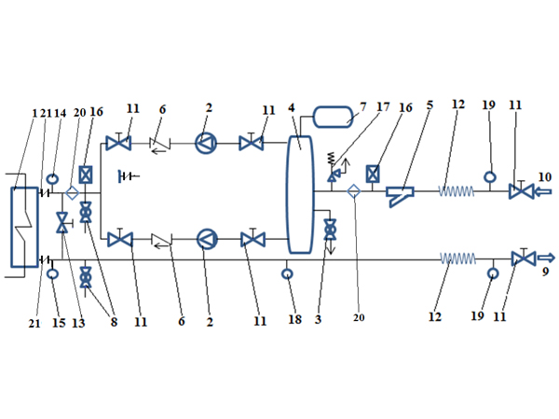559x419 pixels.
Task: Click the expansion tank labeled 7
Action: pyautogui.click(x=333, y=117)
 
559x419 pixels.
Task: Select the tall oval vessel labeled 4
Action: pyautogui.click(x=300, y=193)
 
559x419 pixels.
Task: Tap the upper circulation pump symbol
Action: pyautogui.click(x=206, y=143)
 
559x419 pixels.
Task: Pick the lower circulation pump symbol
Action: pyautogui.click(x=206, y=240)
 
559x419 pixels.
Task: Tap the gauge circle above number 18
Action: pyautogui.click(x=288, y=273)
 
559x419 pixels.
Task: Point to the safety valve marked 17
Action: pyautogui.click(x=333, y=175)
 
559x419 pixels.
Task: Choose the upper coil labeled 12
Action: pyautogui.click(x=457, y=191)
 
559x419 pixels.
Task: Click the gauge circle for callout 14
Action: pyautogui.click(x=53, y=178)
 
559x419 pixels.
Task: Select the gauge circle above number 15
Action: pyautogui.click(x=53, y=273)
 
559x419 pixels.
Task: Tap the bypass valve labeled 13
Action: pyautogui.click(x=63, y=224)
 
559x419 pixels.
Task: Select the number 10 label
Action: pyautogui.click(x=544, y=177)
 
